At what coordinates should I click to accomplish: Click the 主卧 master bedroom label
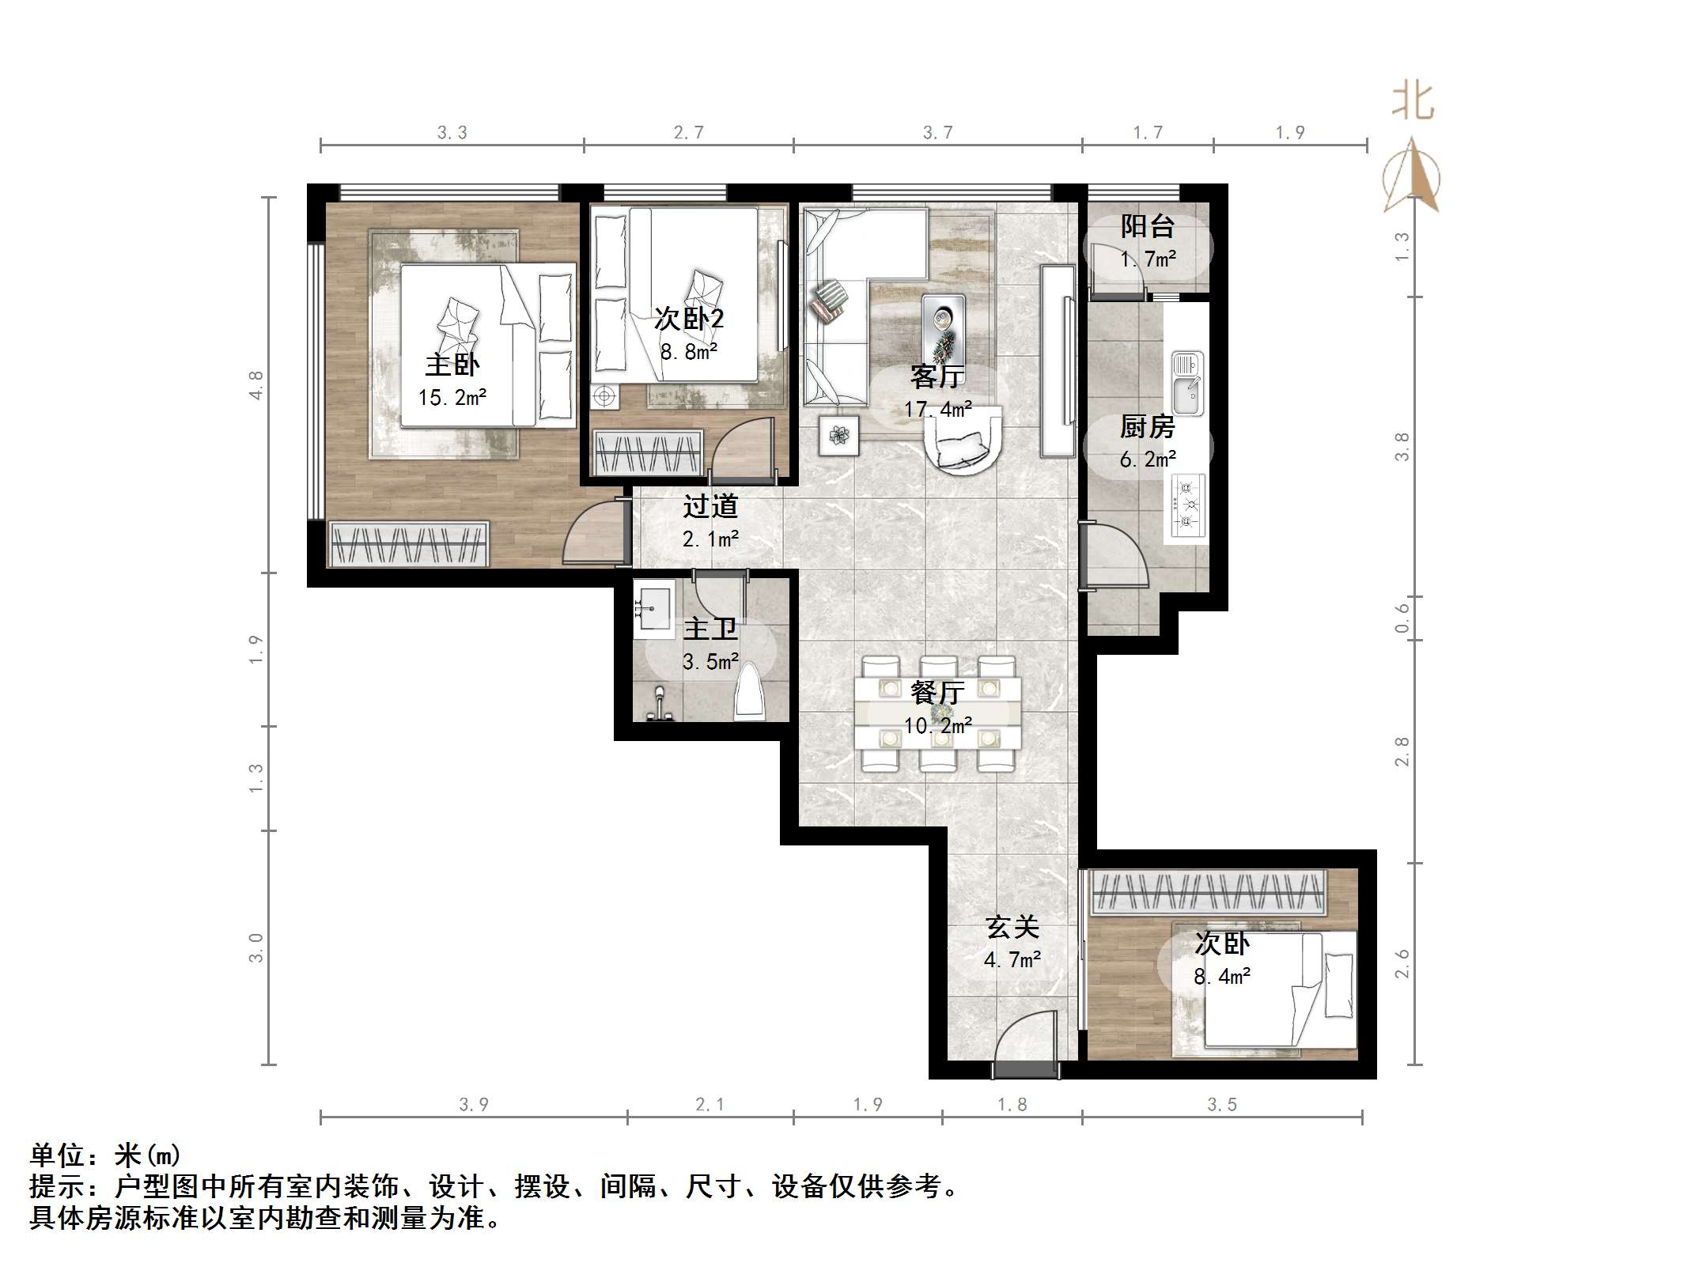pyautogui.click(x=452, y=365)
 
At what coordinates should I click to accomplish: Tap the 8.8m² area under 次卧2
pyautogui.click(x=688, y=352)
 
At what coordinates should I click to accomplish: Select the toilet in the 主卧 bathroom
pyautogui.click(x=749, y=692)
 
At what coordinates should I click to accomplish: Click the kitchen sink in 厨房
pyautogui.click(x=1186, y=384)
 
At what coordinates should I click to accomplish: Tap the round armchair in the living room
pyautogui.click(x=963, y=441)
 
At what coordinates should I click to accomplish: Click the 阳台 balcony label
pyautogui.click(x=1146, y=227)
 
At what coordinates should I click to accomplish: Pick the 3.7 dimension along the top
pyautogui.click(x=937, y=133)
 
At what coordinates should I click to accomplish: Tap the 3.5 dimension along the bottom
pyautogui.click(x=1221, y=1104)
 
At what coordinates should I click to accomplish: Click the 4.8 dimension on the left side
pyautogui.click(x=255, y=385)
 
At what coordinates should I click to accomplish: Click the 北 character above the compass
pyautogui.click(x=1413, y=102)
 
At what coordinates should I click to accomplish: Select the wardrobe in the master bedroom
pyautogui.click(x=408, y=544)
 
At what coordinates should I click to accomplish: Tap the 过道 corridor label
pyautogui.click(x=710, y=506)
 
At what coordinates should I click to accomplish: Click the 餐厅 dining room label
pyautogui.click(x=937, y=693)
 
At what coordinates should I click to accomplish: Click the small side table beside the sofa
pyautogui.click(x=839, y=434)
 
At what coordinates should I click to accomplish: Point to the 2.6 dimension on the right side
pyautogui.click(x=1402, y=963)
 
